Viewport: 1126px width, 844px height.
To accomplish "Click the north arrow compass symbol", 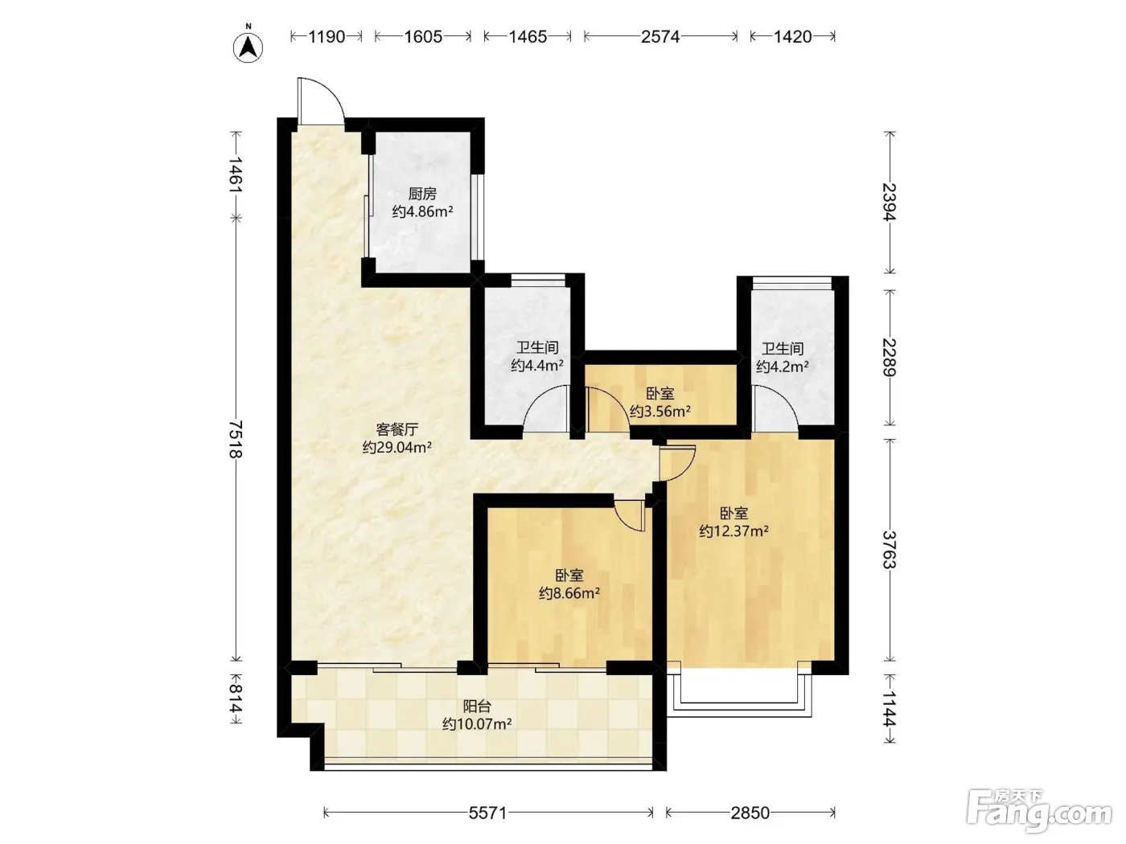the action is [x=248, y=47].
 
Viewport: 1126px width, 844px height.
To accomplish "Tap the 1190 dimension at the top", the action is [x=327, y=36].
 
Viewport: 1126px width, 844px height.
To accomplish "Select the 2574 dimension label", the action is [x=660, y=36].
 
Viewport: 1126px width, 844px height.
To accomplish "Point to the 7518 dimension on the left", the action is [x=236, y=439].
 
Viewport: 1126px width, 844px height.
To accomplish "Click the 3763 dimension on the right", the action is [x=890, y=550].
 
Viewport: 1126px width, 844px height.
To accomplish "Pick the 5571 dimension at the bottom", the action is [x=488, y=813].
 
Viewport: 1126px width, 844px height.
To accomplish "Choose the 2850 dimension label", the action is [x=750, y=813].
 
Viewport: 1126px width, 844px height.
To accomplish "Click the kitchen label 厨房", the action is [x=422, y=194].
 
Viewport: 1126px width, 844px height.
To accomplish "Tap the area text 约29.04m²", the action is [x=397, y=448].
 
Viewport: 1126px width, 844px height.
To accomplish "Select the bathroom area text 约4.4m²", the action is [x=537, y=366].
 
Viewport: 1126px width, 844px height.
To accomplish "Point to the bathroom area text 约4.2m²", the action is [x=783, y=367].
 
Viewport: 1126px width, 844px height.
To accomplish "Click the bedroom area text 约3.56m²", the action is [x=660, y=411].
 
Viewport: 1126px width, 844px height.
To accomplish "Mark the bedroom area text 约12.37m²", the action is [x=734, y=531].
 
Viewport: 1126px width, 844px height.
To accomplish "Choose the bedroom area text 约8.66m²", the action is [x=569, y=593].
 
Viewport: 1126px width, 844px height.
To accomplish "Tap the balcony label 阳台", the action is [x=477, y=707].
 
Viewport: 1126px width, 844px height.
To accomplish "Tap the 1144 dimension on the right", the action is [x=890, y=709].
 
